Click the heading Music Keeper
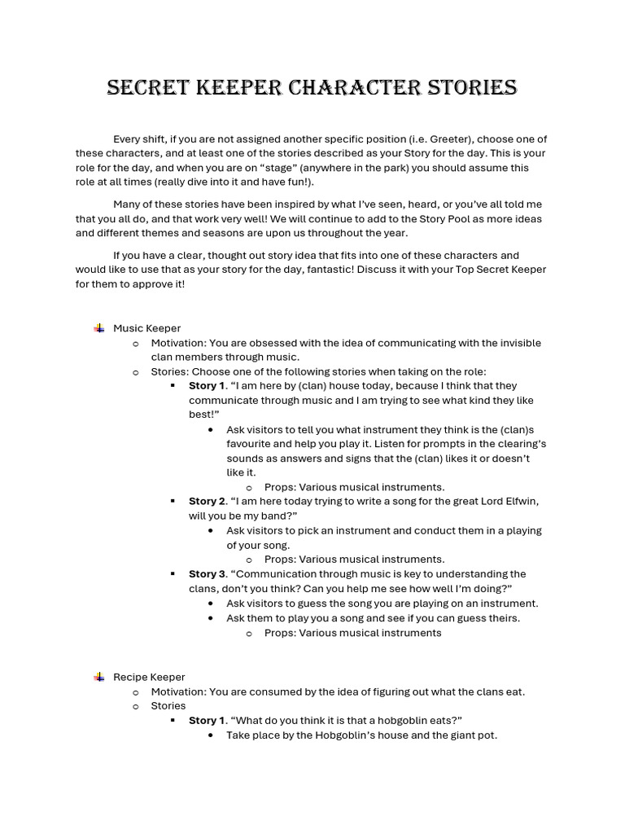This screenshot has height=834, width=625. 146,328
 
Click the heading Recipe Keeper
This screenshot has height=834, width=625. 149,677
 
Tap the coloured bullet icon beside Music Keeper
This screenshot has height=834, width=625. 98,328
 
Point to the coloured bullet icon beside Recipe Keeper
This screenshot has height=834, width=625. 98,677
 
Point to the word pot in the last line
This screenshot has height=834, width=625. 488,735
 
